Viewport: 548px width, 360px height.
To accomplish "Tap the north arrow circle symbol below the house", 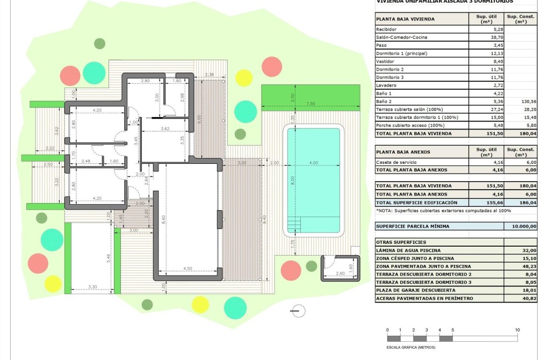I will point(295,310).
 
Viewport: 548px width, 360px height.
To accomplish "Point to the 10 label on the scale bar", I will point(517,330).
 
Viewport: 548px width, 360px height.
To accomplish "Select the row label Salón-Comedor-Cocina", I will point(402,37).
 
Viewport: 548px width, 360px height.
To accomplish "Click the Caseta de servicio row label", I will point(396,161).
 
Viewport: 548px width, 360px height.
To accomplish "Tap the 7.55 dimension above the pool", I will point(310,103).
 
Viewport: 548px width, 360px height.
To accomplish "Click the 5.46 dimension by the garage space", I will point(109,257).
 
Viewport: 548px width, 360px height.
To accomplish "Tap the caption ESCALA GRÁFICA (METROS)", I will point(411,347).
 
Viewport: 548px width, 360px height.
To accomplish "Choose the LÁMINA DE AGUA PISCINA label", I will point(408,250).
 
